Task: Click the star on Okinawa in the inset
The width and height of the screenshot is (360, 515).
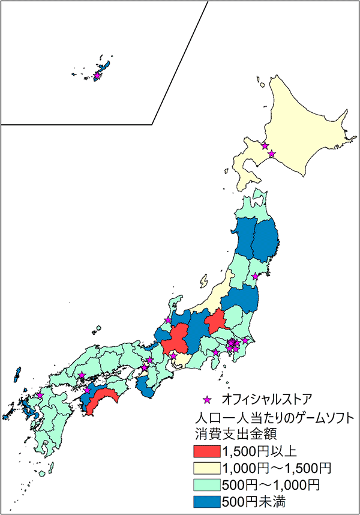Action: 97,76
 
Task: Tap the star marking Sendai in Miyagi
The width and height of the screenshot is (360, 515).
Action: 255,276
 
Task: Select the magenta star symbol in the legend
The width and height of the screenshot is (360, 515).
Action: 208,398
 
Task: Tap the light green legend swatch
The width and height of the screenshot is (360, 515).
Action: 206,482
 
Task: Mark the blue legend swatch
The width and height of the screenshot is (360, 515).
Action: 206,498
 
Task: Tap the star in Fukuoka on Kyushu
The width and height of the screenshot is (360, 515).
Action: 40,396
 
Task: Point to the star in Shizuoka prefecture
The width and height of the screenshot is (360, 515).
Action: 215,352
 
